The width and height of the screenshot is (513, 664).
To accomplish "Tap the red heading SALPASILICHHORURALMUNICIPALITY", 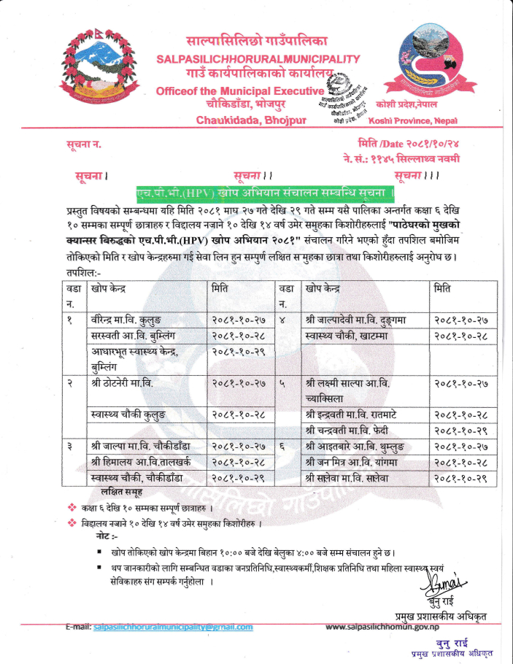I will (258, 58).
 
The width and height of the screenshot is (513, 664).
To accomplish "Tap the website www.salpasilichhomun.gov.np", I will (382, 627).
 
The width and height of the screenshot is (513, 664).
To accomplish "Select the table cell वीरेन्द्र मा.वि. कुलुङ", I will (127, 320).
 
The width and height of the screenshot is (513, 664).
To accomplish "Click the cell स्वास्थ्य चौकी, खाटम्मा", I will (347, 335).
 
